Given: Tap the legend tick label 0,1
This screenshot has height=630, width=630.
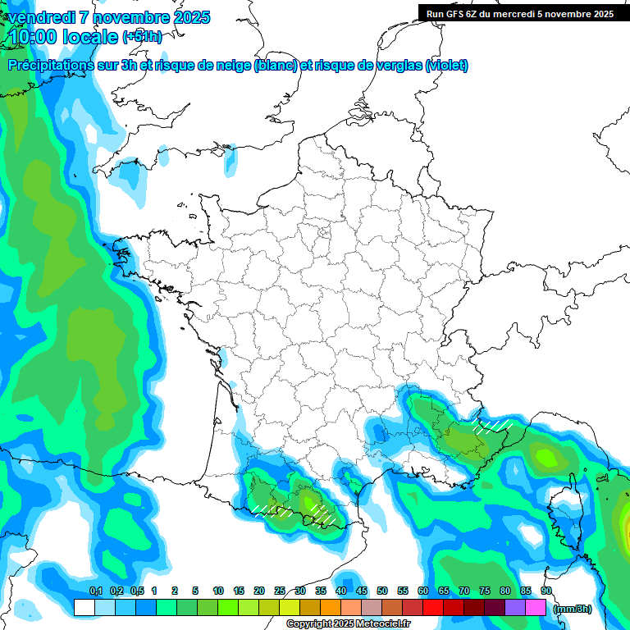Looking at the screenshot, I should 95,591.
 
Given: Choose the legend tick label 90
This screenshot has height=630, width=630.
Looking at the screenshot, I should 546,591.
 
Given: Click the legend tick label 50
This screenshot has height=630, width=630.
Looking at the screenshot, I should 382,591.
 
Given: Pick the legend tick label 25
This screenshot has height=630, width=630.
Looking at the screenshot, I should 280,591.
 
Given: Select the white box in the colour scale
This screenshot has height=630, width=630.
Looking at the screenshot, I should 84,607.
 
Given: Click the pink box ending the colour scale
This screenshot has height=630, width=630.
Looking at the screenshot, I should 536,607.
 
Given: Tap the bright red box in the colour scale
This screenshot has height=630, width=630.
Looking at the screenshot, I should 433,607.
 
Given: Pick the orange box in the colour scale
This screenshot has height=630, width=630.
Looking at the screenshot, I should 331,607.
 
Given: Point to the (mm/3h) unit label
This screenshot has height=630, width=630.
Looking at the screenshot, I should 573,609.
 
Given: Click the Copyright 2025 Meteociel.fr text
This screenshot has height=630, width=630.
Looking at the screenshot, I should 348,624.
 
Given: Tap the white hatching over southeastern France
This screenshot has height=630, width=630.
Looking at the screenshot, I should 492,426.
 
